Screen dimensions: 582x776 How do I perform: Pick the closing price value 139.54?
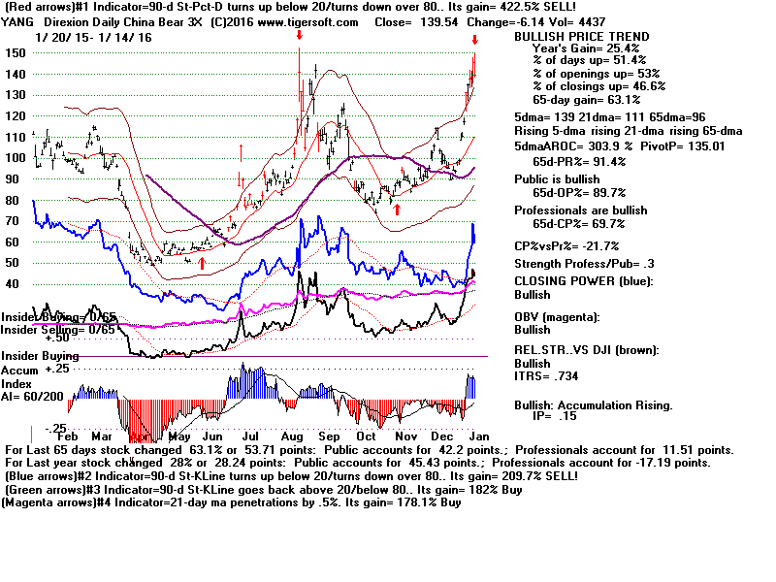coord(405,22)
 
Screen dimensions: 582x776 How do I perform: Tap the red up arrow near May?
coord(202,262)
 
